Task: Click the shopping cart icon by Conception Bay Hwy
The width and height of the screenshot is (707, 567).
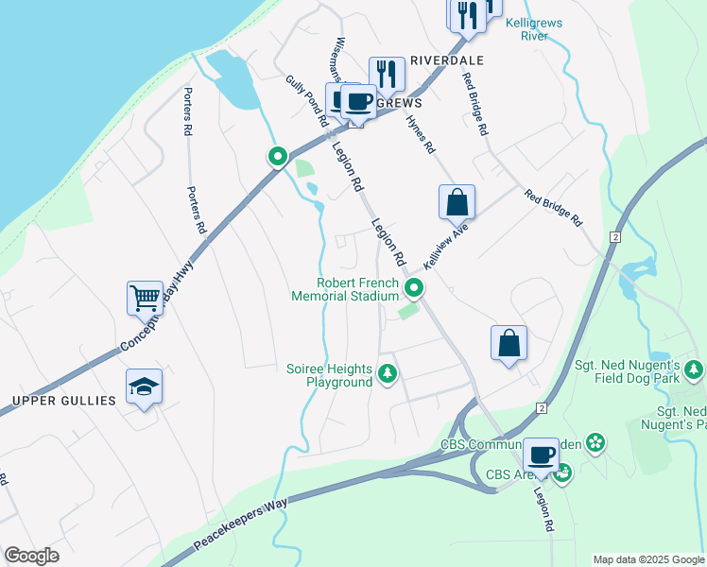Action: tap(146, 299)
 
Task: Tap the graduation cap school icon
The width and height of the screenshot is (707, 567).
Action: tap(144, 387)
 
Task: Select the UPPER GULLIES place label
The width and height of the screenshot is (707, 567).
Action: tap(63, 401)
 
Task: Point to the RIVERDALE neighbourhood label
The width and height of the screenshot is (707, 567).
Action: tap(446, 60)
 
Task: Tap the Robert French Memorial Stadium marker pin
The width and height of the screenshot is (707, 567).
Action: tap(413, 287)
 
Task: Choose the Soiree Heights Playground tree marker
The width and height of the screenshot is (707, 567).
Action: tap(387, 374)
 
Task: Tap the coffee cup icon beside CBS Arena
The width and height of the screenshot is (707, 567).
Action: tap(542, 455)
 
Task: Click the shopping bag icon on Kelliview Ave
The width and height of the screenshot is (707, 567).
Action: tap(457, 202)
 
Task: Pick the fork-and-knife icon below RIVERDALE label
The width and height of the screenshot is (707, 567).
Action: tap(387, 74)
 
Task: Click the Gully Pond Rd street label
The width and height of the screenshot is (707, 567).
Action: tap(305, 101)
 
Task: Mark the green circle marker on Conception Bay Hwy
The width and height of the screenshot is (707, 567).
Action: tap(277, 156)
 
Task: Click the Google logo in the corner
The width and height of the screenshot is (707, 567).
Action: tap(31, 556)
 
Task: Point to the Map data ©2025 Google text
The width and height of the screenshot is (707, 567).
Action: tap(648, 559)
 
